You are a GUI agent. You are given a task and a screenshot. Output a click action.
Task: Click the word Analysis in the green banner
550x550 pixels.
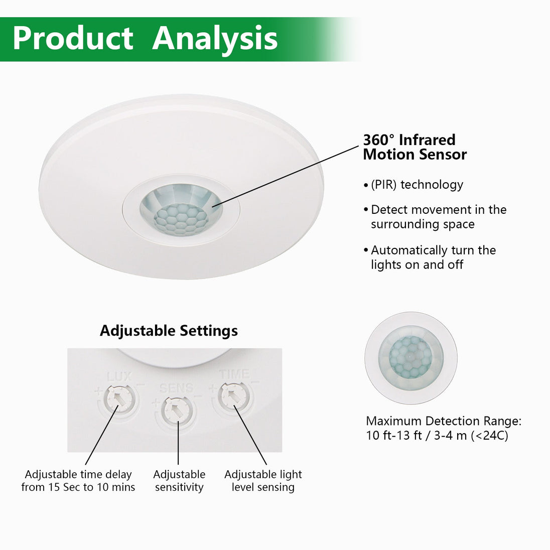[x=215, y=39]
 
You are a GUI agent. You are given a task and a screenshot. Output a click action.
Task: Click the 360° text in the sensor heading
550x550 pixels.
[x=378, y=140]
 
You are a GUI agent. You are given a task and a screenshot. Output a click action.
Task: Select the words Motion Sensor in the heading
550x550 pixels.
[x=415, y=155]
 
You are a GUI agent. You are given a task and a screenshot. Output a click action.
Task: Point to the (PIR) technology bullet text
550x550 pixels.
[x=417, y=185]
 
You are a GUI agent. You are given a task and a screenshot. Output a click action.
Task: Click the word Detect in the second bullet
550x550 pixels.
[x=390, y=209]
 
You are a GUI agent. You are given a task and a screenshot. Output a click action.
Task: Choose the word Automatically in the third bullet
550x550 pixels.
[x=409, y=250]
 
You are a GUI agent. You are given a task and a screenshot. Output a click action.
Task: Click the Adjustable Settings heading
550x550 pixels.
[x=169, y=331]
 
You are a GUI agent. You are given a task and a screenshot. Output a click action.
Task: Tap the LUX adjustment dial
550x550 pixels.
[x=119, y=398]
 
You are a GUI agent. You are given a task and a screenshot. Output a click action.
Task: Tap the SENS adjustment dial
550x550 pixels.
[x=177, y=410]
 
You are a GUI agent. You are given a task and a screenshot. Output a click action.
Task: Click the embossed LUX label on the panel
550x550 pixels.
[x=119, y=377]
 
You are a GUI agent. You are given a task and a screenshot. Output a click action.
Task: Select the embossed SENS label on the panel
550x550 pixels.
[x=177, y=388]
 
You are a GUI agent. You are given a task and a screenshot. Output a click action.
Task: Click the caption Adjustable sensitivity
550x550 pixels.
[x=179, y=481]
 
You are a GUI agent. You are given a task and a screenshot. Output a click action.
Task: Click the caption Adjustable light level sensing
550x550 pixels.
[x=263, y=481]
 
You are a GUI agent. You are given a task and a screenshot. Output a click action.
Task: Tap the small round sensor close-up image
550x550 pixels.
[x=411, y=358]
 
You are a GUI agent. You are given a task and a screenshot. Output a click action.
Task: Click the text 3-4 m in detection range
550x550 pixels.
[x=450, y=436]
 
